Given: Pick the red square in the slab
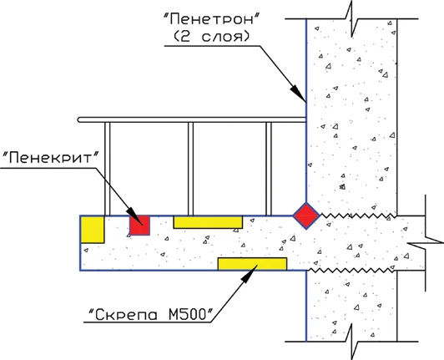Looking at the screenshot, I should [139, 225].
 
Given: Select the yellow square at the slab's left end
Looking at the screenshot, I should [92, 228].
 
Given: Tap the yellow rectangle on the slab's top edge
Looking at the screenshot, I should [208, 221].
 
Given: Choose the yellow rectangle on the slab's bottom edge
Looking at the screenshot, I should [252, 264].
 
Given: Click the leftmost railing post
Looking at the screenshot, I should [106, 167].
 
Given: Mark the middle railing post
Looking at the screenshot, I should [190, 167].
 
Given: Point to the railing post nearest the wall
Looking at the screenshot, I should [269, 167].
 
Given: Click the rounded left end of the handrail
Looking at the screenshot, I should [77, 120].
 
